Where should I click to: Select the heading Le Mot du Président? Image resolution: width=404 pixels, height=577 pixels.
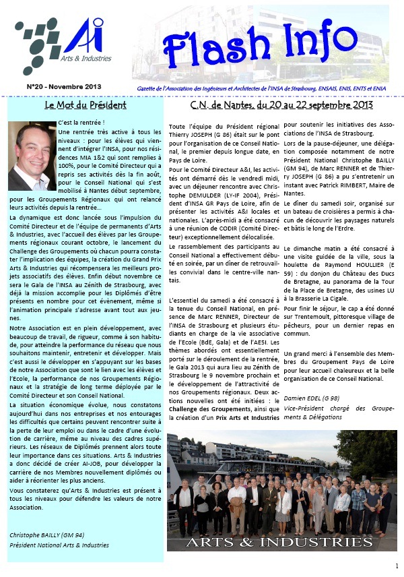tap(86, 105)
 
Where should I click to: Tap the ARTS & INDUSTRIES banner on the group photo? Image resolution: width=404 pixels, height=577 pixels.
tap(279, 542)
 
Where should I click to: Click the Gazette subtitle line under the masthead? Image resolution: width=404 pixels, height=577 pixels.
tap(279, 88)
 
